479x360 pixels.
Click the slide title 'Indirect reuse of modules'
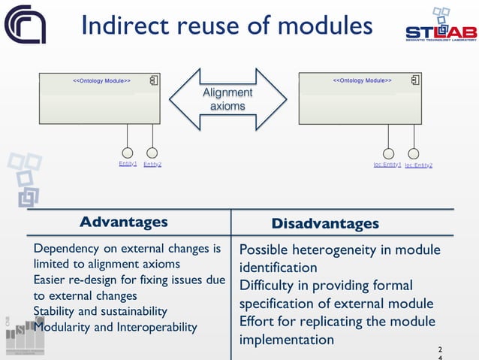tap(226, 26)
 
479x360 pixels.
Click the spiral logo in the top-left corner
tap(25, 24)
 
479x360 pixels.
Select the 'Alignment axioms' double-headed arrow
tap(227, 99)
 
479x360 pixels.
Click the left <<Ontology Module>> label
tap(101, 80)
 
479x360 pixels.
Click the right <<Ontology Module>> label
tap(362, 80)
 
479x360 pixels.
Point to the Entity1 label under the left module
tap(128, 164)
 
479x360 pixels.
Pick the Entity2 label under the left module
tap(152, 164)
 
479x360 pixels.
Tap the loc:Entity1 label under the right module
tap(387, 165)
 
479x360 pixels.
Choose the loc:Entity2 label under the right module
tap(418, 165)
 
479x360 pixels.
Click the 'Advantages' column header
tap(124, 222)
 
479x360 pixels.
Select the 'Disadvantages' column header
tap(325, 224)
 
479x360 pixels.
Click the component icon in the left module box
tap(152, 80)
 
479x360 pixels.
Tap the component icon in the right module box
tap(413, 80)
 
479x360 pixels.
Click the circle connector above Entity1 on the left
tap(128, 153)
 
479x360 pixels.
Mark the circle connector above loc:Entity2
tap(413, 153)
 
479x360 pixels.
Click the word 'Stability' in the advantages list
tap(55, 311)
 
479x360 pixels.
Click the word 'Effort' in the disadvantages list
tap(257, 322)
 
